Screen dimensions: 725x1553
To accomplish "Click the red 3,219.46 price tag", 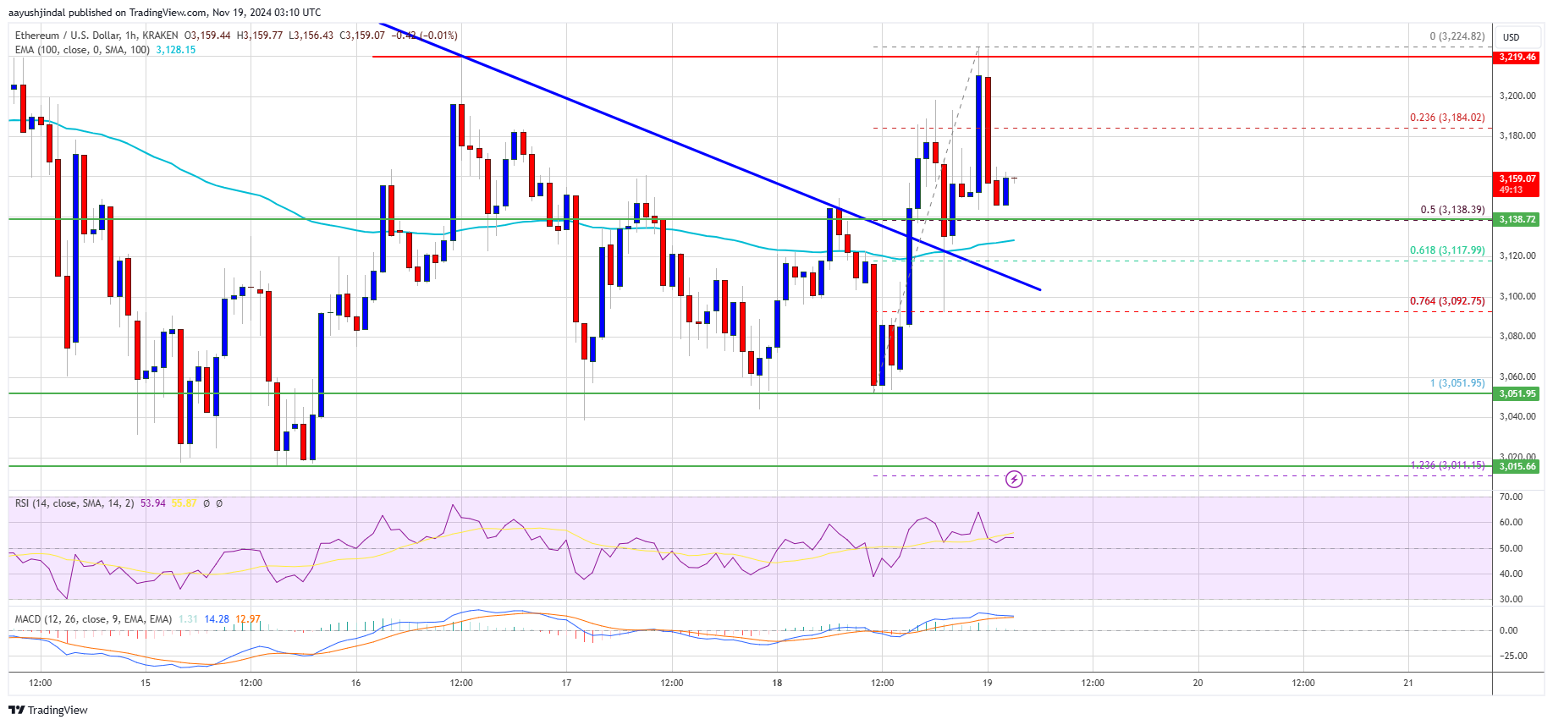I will pos(1517,57).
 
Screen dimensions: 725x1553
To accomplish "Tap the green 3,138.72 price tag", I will pos(1517,219).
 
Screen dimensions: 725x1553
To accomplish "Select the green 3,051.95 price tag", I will pos(1517,393).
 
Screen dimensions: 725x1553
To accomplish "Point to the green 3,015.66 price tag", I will pos(1517,466).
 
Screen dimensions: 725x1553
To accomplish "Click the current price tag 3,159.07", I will pos(1517,183).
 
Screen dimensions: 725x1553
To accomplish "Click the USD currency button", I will pos(1511,37).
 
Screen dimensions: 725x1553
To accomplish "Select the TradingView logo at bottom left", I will pos(48,710).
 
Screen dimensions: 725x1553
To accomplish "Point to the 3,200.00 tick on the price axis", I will pos(1517,96).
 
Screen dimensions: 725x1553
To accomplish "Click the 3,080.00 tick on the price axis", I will pos(1517,336).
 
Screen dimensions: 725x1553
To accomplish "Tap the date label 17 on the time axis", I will pos(566,683).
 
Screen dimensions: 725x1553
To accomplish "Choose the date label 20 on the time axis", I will pos(1198,683).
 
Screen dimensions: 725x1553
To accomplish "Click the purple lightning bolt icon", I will pos(1014,480).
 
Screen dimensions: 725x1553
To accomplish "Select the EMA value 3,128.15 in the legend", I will pos(175,50).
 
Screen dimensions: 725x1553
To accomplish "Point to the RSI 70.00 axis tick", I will pos(1511,497).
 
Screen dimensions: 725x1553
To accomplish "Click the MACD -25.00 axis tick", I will pos(1513,656).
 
